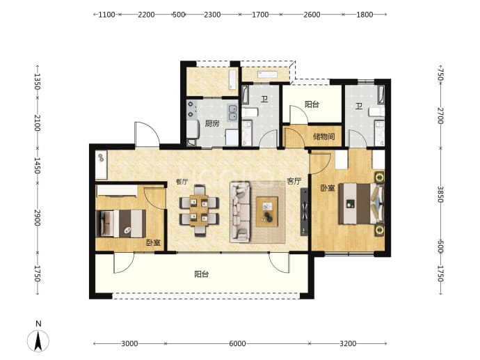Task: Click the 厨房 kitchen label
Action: (212, 123)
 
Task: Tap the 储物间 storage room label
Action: (324, 136)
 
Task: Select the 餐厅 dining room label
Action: (182, 182)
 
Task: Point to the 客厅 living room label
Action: (294, 181)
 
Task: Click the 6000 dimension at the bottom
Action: (237, 343)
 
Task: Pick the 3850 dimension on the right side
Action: (440, 194)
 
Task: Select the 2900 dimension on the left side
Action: (38, 217)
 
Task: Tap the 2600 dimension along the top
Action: (312, 15)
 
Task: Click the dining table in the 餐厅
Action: (199, 210)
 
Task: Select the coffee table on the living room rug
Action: (267, 212)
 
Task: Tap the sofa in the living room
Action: (240, 212)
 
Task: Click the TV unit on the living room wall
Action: (304, 212)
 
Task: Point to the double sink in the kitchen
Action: (233, 112)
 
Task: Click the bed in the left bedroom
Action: (121, 224)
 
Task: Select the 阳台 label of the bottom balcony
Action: (202, 274)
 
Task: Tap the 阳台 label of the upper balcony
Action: (312, 104)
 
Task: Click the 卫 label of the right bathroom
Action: (359, 107)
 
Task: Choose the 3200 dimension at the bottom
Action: (348, 343)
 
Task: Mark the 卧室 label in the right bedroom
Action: (328, 188)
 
